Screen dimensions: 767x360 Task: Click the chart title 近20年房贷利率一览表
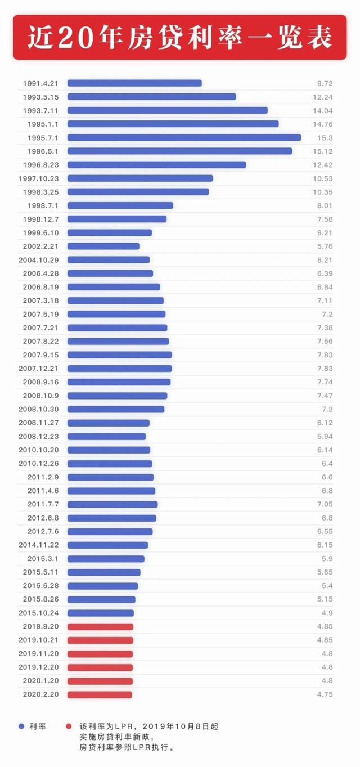[179, 37]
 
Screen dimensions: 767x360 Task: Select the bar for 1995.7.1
[184, 137]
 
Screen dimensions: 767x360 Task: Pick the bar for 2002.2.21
[103, 246]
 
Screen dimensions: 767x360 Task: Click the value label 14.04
[325, 110]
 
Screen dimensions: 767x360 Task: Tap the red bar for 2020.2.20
[100, 694]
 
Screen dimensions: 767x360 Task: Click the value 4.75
[325, 694]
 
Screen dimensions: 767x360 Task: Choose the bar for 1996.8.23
[156, 165]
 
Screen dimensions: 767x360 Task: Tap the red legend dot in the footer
[69, 726]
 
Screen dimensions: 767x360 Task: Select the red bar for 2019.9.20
[100, 626]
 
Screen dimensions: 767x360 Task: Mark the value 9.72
[325, 83]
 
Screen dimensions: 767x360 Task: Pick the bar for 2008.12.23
[106, 436]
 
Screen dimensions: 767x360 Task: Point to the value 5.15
[326, 599]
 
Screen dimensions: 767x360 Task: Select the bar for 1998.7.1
[120, 205]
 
